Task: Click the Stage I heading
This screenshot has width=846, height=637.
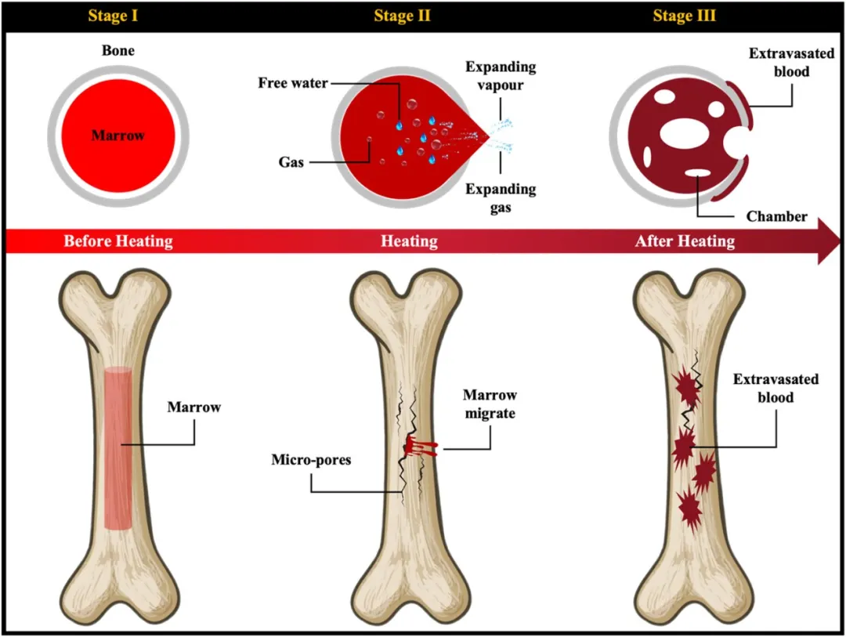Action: pos(118,16)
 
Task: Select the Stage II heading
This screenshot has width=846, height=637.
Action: pos(403,16)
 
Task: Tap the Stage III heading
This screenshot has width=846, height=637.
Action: pos(684,16)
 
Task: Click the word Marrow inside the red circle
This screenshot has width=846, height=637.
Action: pos(118,136)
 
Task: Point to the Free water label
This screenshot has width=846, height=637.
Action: pos(294,82)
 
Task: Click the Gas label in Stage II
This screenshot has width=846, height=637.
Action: pos(291,162)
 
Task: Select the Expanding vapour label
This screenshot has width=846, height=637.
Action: pos(501,75)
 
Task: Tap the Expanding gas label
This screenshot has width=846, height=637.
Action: pos(501,198)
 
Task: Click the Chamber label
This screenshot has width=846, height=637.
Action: pos(777,216)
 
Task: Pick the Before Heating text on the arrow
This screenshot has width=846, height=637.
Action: pos(118,241)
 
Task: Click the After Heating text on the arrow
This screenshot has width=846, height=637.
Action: pos(685,241)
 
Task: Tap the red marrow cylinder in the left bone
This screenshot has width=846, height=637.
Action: pos(118,447)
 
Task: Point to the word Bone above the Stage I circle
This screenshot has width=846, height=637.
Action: pos(118,51)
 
